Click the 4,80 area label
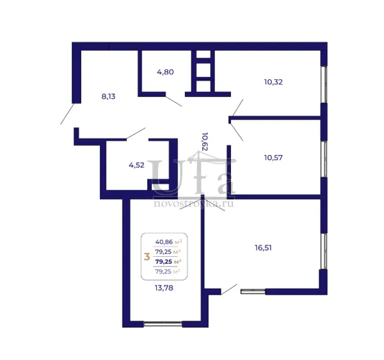165,72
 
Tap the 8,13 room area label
108,97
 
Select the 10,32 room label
273,82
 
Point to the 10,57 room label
273,158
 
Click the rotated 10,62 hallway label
205,142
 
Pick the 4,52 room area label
136,165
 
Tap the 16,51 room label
263,248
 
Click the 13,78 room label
164,288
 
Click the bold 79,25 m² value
168,262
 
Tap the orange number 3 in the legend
147,257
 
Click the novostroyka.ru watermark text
193,204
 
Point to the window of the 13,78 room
163,324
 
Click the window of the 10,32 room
324,85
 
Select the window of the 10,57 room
324,159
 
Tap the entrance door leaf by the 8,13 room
67,114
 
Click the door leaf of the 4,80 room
174,101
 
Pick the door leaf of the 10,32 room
237,108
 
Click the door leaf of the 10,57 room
237,132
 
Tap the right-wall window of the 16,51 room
324,251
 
